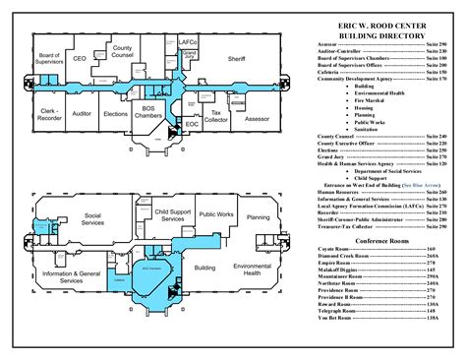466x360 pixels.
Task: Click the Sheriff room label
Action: tap(236, 59)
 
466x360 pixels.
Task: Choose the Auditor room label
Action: tap(82, 114)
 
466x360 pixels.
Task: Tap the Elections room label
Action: tap(116, 114)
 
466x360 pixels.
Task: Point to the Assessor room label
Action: tap(256, 118)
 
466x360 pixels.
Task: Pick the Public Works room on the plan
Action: tap(215, 213)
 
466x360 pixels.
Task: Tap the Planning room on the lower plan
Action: tap(259, 216)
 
